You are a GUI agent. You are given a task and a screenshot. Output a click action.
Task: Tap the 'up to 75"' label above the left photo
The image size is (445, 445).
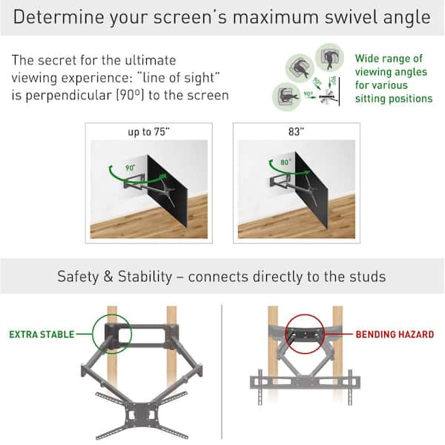148,131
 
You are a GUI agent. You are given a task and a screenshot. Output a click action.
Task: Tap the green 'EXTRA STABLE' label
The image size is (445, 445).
42,334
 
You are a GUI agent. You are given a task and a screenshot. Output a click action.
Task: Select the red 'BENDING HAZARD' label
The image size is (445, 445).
395,334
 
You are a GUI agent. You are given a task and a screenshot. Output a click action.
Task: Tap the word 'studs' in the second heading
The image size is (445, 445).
368,277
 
